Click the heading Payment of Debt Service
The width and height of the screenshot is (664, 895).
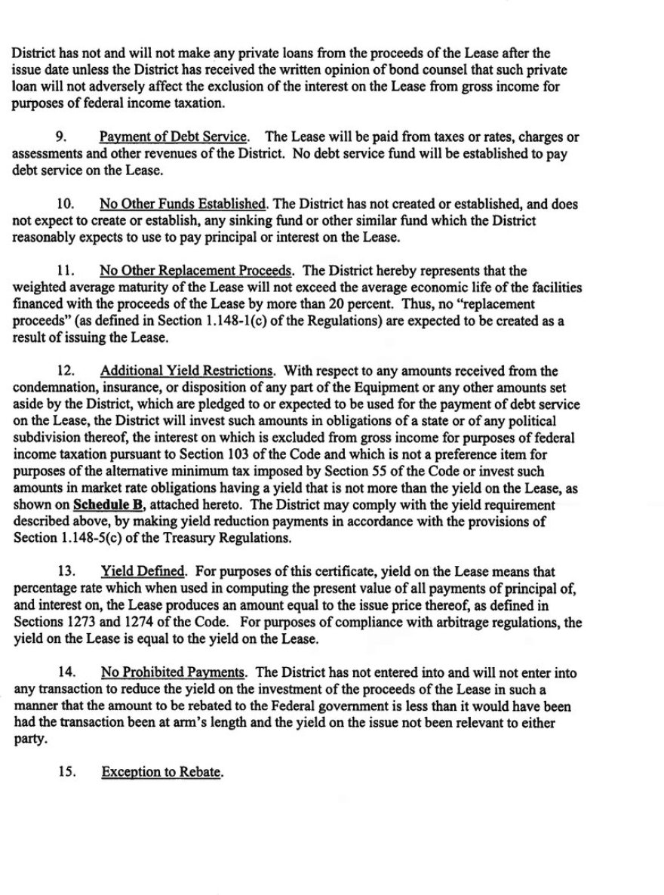click(x=173, y=137)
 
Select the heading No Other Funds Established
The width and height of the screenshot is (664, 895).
click(x=183, y=204)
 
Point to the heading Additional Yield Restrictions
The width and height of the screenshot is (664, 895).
click(x=186, y=371)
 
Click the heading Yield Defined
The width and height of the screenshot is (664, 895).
click(x=143, y=572)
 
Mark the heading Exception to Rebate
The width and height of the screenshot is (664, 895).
click(x=162, y=773)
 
